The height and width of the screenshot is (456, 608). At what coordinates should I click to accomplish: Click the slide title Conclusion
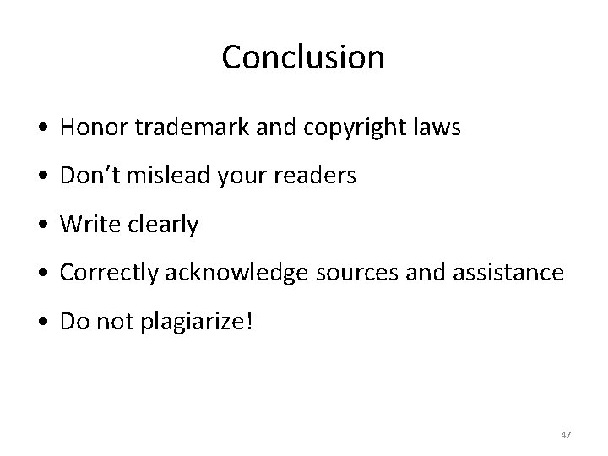[303, 57]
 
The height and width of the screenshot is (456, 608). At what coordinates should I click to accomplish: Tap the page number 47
[566, 435]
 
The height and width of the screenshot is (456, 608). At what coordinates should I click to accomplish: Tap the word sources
[360, 274]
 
